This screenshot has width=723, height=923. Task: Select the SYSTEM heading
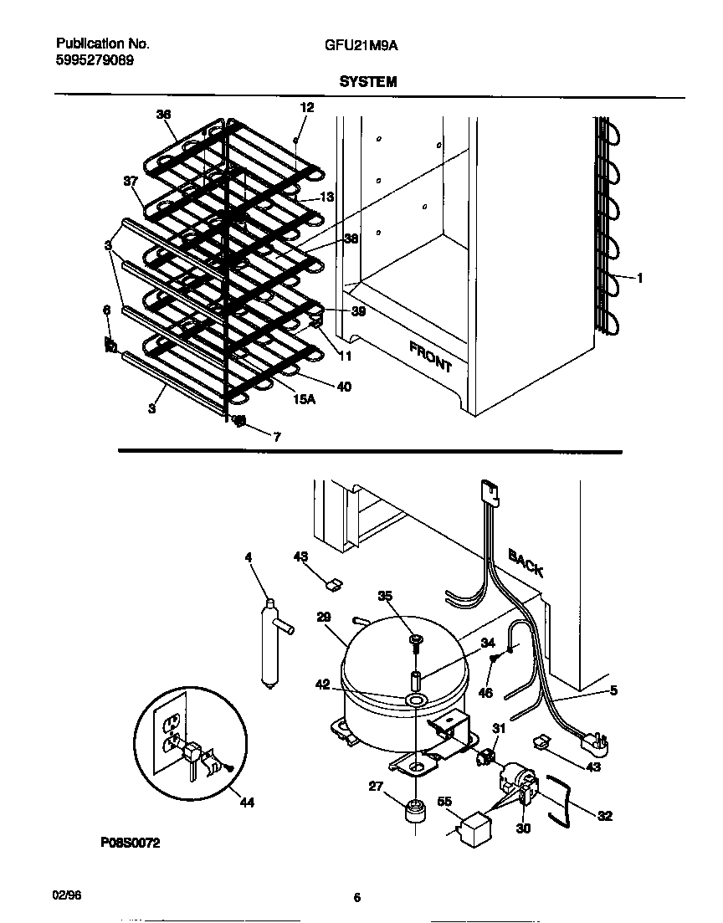point(367,82)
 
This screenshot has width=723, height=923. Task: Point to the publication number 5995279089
point(94,60)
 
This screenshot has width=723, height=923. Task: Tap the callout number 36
point(163,115)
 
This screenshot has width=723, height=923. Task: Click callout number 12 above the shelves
point(306,107)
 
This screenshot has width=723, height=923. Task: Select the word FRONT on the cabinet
point(430,356)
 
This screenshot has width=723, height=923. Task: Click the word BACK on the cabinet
point(526,562)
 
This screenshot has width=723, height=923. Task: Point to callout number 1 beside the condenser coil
point(639,279)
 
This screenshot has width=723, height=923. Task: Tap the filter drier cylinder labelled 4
point(269,644)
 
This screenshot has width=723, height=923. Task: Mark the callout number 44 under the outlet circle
point(246,802)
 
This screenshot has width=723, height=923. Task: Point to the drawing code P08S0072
point(130,844)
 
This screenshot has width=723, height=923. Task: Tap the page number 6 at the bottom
point(356,898)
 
